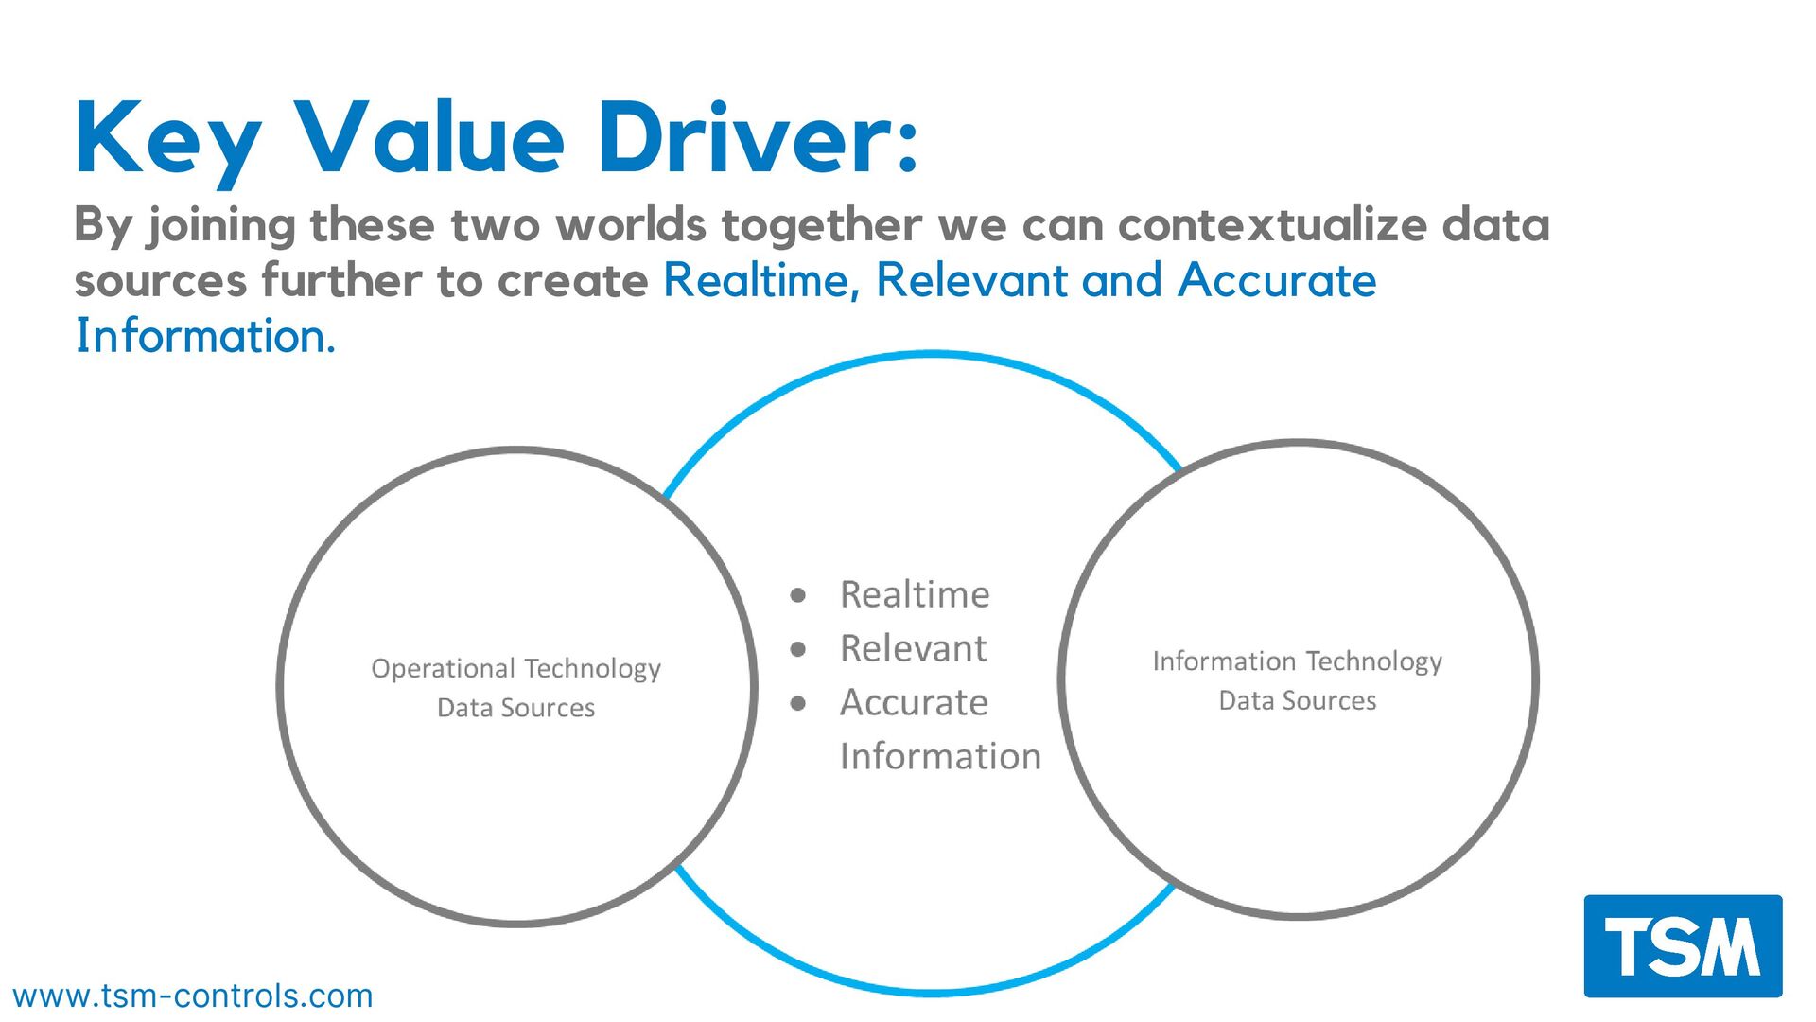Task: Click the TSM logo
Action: click(1683, 945)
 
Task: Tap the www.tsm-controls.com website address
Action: click(193, 996)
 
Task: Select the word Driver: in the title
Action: click(757, 139)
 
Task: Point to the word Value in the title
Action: click(429, 139)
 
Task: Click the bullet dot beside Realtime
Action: click(798, 595)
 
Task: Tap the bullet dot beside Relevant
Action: click(798, 649)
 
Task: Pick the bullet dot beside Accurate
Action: click(798, 703)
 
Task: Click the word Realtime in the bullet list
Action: click(915, 595)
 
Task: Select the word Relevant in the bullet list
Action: click(913, 649)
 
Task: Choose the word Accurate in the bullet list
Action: click(914, 703)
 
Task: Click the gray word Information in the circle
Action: click(940, 757)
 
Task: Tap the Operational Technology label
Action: click(515, 668)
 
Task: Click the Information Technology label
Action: click(1297, 661)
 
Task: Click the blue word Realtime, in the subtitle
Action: click(761, 280)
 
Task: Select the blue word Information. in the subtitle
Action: click(205, 336)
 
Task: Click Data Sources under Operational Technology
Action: click(515, 708)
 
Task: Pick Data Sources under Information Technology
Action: click(1297, 700)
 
